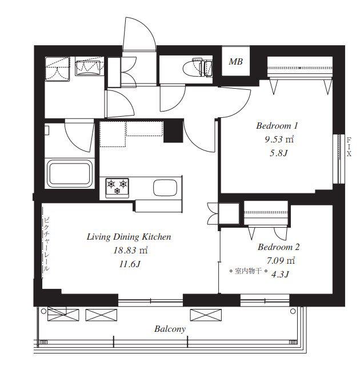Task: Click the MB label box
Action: pyautogui.click(x=235, y=61)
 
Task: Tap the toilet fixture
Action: pyautogui.click(x=198, y=68)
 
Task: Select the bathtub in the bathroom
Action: pyautogui.click(x=70, y=173)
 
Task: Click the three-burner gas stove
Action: pyautogui.click(x=117, y=188)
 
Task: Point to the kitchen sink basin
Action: pyautogui.click(x=165, y=188)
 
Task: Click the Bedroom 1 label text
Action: pyautogui.click(x=277, y=126)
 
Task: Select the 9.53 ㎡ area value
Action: pyautogui.click(x=279, y=139)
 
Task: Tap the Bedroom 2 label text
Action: pyautogui.click(x=278, y=247)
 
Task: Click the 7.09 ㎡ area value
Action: pyautogui.click(x=281, y=261)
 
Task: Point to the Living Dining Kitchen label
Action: pyautogui.click(x=129, y=237)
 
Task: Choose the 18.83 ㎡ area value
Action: pyautogui.click(x=130, y=250)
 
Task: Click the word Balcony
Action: pyautogui.click(x=170, y=329)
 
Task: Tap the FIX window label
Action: pyautogui.click(x=349, y=147)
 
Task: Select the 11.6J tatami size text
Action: pyautogui.click(x=130, y=264)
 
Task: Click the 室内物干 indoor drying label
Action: pyautogui.click(x=249, y=271)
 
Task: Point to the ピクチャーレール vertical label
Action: pyautogui.click(x=46, y=244)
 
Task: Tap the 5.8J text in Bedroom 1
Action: pyautogui.click(x=279, y=153)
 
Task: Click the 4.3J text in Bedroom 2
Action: pyautogui.click(x=280, y=275)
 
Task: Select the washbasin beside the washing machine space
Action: pyautogui.click(x=89, y=66)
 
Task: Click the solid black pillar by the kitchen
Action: pyautogui.click(x=173, y=131)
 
